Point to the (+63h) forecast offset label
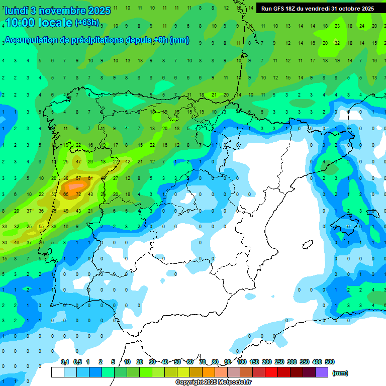coord(87,23)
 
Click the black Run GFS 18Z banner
coord(318,8)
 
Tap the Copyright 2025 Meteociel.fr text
coord(213,382)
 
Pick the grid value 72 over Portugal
coord(78,194)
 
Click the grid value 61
coord(90,178)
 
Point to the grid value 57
coord(78,178)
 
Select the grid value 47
coord(78,162)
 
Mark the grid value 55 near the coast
coord(41,226)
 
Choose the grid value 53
coord(54,194)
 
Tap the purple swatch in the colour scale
coord(322,372)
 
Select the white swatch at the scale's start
coord(58,372)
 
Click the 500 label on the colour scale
coord(330,362)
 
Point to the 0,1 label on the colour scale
coord(65,362)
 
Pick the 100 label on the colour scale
coord(242,362)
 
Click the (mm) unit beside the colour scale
coord(340,373)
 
